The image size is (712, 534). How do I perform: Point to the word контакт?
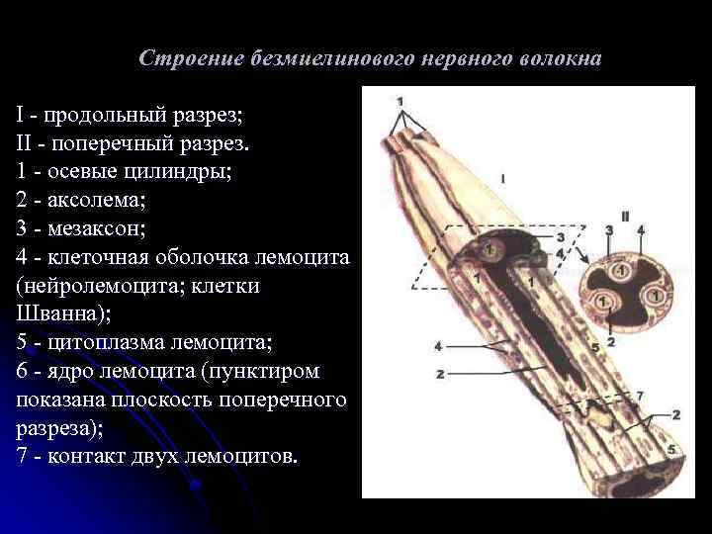(x=92, y=458)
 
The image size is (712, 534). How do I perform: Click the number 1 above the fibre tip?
(x=400, y=101)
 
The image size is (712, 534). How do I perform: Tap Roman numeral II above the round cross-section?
(x=626, y=217)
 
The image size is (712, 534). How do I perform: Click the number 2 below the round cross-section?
(x=611, y=343)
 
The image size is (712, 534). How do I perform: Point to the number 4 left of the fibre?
(x=437, y=346)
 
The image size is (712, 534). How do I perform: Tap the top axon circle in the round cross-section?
(x=624, y=269)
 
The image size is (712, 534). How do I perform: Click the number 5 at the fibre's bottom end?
(x=671, y=449)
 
